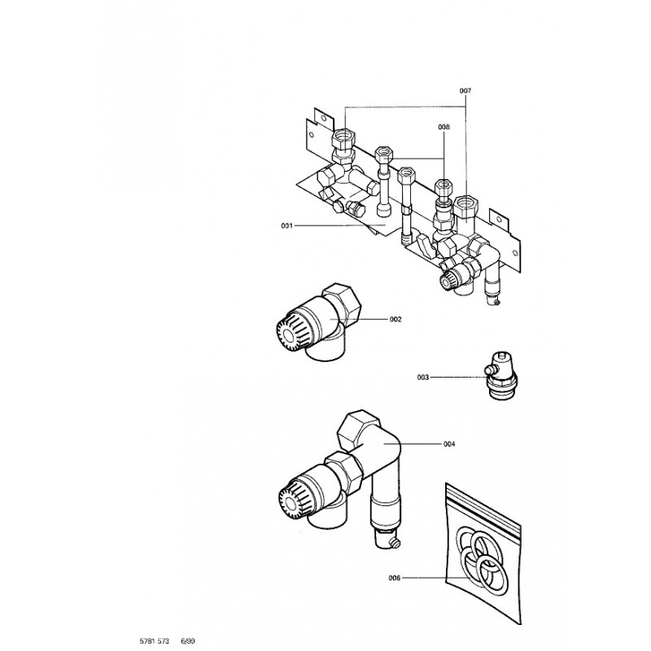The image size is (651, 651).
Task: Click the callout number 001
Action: pos(286,225)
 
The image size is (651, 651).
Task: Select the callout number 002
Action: pos(396,320)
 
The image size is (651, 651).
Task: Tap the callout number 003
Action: pos(423,378)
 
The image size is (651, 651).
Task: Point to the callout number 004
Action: pos(449,443)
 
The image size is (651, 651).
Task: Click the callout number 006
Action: pos(395,579)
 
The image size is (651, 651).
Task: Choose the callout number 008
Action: pos(443,127)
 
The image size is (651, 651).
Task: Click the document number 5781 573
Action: pos(154,641)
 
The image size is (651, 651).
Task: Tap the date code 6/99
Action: pos(188,641)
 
